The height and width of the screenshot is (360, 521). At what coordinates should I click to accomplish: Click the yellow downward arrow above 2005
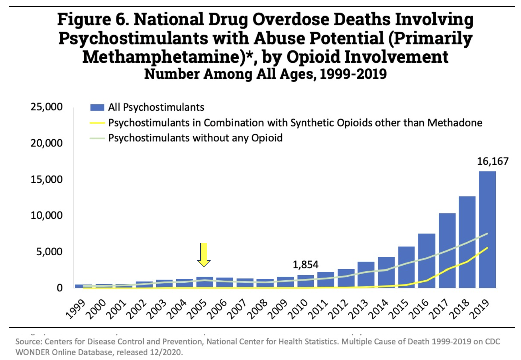pos(203,254)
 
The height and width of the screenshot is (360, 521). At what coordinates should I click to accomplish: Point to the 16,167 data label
pos(492,161)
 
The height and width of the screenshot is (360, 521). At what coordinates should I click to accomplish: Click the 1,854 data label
pos(305,265)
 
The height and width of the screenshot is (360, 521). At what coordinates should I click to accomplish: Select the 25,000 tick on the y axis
pos(46,107)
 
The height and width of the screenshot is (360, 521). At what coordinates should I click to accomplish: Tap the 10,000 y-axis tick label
pos(46,215)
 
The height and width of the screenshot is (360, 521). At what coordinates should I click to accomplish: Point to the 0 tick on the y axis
pos(59,288)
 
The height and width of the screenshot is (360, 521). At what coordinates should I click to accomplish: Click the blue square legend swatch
pos(97,107)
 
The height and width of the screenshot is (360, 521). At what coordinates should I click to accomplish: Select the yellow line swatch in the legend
pos(97,123)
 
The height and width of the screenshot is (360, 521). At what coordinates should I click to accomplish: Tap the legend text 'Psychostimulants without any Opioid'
pos(195,138)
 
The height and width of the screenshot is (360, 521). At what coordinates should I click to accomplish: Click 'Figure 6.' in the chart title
pos(93,19)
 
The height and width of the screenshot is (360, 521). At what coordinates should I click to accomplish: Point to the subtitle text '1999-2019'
pos(353,74)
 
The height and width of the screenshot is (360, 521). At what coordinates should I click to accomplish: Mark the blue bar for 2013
pos(366,275)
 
